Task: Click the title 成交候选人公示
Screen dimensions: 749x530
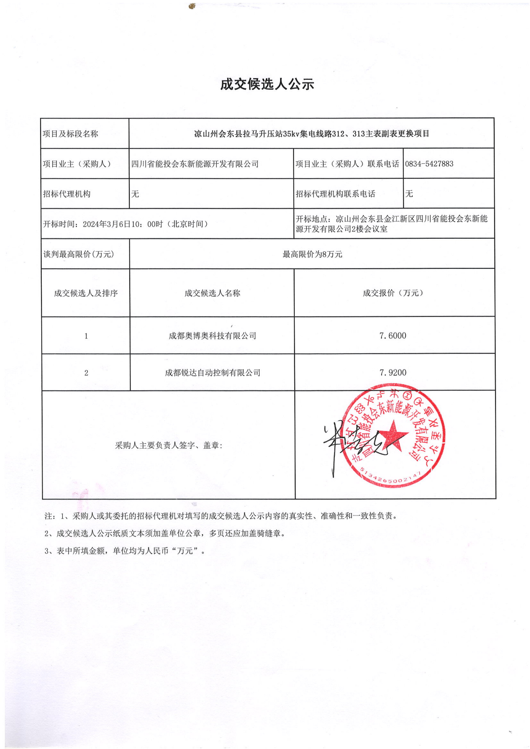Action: coord(267,85)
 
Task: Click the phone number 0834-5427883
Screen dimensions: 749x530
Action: coord(429,164)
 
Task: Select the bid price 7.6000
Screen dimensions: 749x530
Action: coord(392,336)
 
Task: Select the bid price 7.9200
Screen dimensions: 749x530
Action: coord(392,372)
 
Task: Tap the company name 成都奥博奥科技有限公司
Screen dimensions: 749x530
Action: coord(212,336)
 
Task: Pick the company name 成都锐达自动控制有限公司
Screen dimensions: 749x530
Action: coord(212,373)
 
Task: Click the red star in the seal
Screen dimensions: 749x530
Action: coord(393,435)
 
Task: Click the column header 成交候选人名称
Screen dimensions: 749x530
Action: coord(212,293)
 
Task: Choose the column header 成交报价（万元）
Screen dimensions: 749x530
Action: coord(392,293)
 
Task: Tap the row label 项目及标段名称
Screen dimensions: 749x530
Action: coord(71,134)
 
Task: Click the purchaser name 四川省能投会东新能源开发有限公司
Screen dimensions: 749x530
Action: coord(195,164)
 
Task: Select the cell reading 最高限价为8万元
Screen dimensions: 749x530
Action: coord(312,254)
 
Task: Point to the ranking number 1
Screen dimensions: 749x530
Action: coord(86,336)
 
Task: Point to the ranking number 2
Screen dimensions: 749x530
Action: coord(86,373)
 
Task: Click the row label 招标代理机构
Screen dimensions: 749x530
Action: coord(67,194)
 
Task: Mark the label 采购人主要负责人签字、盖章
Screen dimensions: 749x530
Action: coord(168,445)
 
